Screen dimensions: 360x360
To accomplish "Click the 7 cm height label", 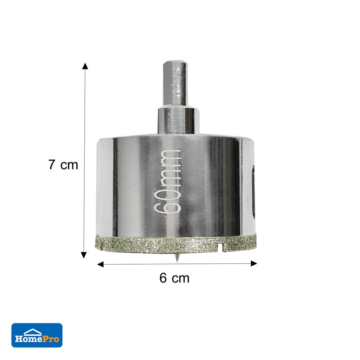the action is click(63, 165).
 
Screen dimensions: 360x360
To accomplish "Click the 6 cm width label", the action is click(175, 278).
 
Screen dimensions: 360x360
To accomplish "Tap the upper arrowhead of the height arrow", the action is click(85, 66).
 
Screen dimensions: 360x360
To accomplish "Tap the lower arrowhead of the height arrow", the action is click(84, 255).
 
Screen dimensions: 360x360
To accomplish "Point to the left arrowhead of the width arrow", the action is click(100, 265).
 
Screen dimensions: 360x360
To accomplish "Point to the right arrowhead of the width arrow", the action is click(254, 264).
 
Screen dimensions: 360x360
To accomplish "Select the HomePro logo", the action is click(37, 335).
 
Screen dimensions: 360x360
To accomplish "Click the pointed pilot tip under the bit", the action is click(176, 258).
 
